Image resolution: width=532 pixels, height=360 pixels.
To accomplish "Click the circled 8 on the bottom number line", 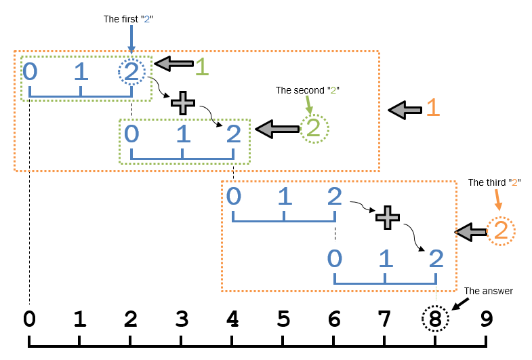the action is (x=435, y=319).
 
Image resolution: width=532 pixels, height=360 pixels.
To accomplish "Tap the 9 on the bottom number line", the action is (x=486, y=319).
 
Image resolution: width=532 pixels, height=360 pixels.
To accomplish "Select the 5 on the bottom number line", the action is (x=283, y=319).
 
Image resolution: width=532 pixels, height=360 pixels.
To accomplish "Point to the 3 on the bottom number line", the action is (x=182, y=319).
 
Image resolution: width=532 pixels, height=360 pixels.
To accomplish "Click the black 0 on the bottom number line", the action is (x=29, y=319).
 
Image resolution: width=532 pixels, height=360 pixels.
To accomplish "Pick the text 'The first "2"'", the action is (x=128, y=19).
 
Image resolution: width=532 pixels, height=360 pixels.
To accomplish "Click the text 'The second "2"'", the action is (x=308, y=90).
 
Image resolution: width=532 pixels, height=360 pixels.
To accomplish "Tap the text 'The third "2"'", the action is (x=494, y=182).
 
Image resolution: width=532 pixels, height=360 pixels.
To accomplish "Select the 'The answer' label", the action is (x=489, y=291).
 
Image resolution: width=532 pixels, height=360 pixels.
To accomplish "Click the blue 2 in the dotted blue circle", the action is (x=131, y=72).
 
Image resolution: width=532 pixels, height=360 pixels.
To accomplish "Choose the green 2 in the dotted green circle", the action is (x=314, y=128).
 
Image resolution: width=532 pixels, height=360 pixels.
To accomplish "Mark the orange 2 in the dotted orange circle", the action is (x=501, y=230).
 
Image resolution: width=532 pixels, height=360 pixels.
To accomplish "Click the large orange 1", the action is (x=433, y=108).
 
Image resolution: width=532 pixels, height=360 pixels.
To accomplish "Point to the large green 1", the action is (x=202, y=66).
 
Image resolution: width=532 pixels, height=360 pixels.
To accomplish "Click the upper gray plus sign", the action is (x=183, y=103).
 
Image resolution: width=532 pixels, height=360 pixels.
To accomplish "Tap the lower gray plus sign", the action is (x=388, y=218).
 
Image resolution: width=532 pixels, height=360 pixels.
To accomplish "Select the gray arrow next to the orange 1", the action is (x=405, y=110).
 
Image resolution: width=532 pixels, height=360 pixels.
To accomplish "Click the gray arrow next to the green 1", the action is (x=173, y=64).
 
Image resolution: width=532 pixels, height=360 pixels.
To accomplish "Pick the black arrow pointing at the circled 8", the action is (x=460, y=304).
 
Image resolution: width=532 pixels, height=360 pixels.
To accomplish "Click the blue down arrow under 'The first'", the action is (x=131, y=39).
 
